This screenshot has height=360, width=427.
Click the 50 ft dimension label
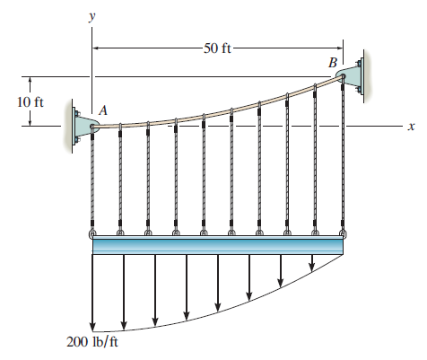click(x=218, y=48)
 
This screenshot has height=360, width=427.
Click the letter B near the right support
click(x=334, y=62)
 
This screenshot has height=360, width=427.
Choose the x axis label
click(x=410, y=127)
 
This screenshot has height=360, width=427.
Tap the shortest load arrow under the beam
click(x=312, y=262)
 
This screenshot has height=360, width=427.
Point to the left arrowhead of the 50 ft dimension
click(x=97, y=48)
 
